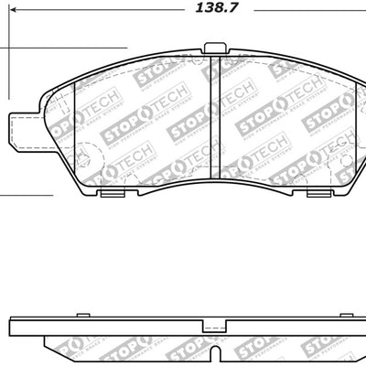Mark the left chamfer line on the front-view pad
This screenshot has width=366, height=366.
(x=73, y=128)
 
